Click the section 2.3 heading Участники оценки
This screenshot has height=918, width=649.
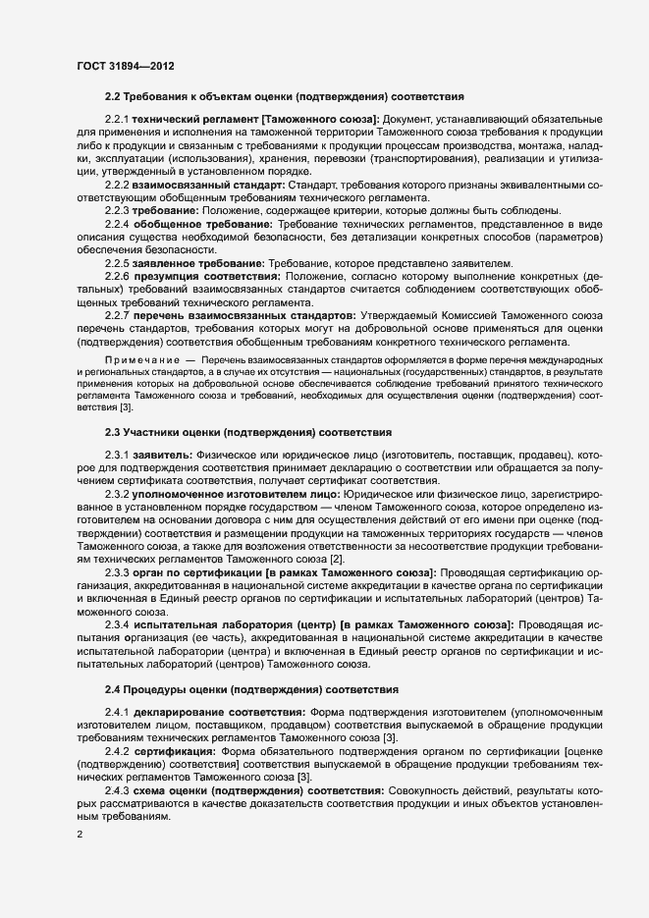249,431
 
